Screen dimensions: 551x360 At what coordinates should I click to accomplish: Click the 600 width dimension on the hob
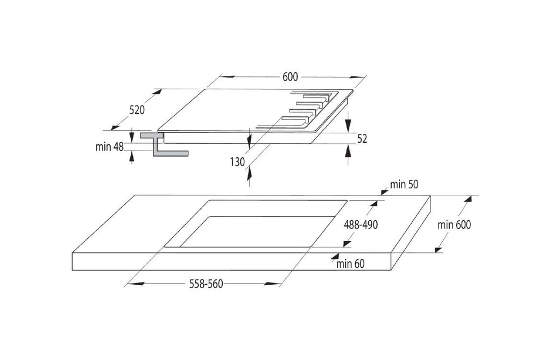(x=290, y=76)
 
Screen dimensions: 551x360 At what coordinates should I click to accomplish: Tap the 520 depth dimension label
(x=137, y=110)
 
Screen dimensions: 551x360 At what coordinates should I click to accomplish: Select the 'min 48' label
(x=110, y=146)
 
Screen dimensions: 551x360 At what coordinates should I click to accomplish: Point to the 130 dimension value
(x=237, y=162)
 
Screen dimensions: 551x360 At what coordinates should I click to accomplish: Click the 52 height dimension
(x=362, y=138)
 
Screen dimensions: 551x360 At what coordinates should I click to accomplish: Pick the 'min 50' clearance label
(x=404, y=184)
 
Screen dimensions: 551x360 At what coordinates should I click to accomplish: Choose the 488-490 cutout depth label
(x=361, y=224)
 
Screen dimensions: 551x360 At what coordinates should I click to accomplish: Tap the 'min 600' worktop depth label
(x=454, y=224)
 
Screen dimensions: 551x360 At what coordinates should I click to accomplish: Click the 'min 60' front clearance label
(x=350, y=264)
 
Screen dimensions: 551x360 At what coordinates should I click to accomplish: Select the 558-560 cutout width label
(x=206, y=284)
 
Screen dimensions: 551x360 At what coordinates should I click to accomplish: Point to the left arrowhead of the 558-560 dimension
(x=135, y=284)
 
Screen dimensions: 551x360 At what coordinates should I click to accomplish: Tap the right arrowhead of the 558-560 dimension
(x=273, y=284)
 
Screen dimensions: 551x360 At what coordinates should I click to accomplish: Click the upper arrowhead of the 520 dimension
(x=157, y=93)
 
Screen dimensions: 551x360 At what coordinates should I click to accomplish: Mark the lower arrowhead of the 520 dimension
(x=116, y=126)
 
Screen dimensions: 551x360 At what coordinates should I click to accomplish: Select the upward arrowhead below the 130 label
(x=249, y=173)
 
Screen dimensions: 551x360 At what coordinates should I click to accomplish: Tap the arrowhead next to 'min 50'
(x=384, y=192)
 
